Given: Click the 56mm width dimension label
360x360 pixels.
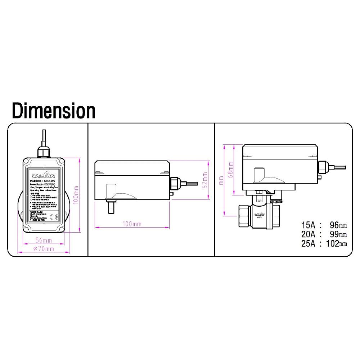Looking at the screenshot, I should coord(43,240).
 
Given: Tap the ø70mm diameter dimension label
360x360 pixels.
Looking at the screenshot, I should coord(44,249).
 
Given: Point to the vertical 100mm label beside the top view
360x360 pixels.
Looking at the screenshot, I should coord(76,195).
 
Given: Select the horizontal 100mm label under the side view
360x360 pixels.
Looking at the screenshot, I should coord(132,224).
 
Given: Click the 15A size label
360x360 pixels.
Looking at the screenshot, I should coord(309,226).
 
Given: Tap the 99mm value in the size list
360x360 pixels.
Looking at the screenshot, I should coord(338,235).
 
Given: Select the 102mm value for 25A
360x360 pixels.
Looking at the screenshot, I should coord(336,244).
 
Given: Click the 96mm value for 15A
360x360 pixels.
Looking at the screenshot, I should coord(338,226).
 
